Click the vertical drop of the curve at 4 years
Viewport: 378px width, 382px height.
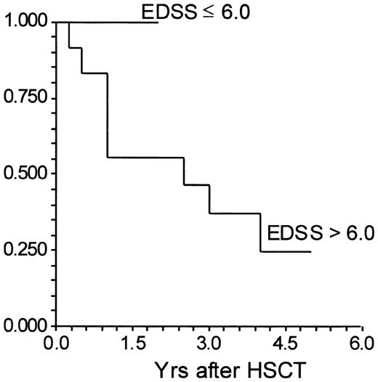pyautogui.click(x=260, y=232)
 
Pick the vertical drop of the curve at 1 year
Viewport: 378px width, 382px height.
pyautogui.click(x=108, y=116)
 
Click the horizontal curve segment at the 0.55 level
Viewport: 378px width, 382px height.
pyautogui.click(x=145, y=158)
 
